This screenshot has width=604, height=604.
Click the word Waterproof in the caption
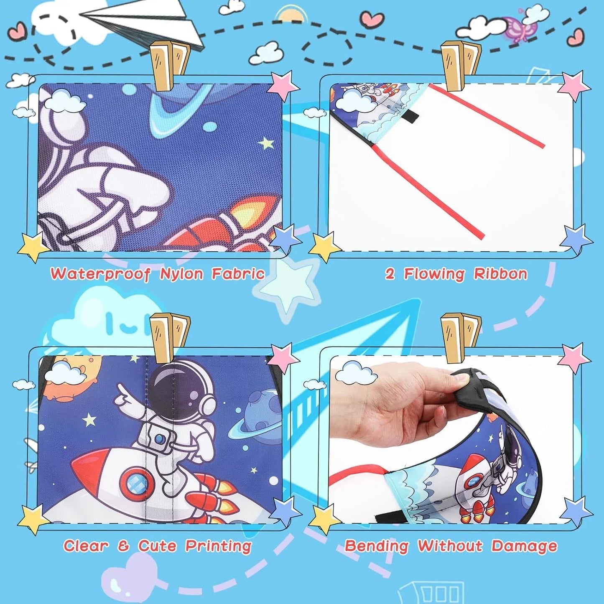(x=100, y=274)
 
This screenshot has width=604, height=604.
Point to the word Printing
(x=218, y=546)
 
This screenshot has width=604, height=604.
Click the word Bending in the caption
(x=376, y=546)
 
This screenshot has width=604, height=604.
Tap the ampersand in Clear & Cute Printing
(x=123, y=546)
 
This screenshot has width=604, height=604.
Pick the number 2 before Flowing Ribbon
(x=390, y=274)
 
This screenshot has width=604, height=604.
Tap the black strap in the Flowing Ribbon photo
(x=414, y=117)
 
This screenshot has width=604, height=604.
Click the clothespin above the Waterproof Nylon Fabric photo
(x=169, y=65)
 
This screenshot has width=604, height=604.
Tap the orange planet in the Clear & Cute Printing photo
(x=61, y=387)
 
